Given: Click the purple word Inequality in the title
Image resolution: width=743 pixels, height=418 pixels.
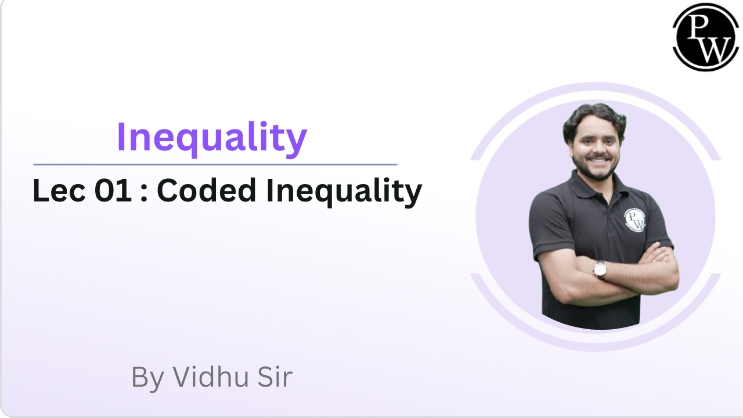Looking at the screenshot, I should tap(211, 138).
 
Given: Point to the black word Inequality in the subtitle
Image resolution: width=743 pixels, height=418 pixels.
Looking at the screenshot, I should tap(344, 192).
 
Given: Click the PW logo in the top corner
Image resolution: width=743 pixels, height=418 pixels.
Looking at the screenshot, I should tap(706, 37).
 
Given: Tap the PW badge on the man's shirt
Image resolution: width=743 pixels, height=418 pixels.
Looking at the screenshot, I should tap(635, 220).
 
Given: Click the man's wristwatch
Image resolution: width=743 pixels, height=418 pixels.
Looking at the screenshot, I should tap(600, 269).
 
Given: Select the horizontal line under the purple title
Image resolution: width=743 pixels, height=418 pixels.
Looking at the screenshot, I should tap(215, 164).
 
